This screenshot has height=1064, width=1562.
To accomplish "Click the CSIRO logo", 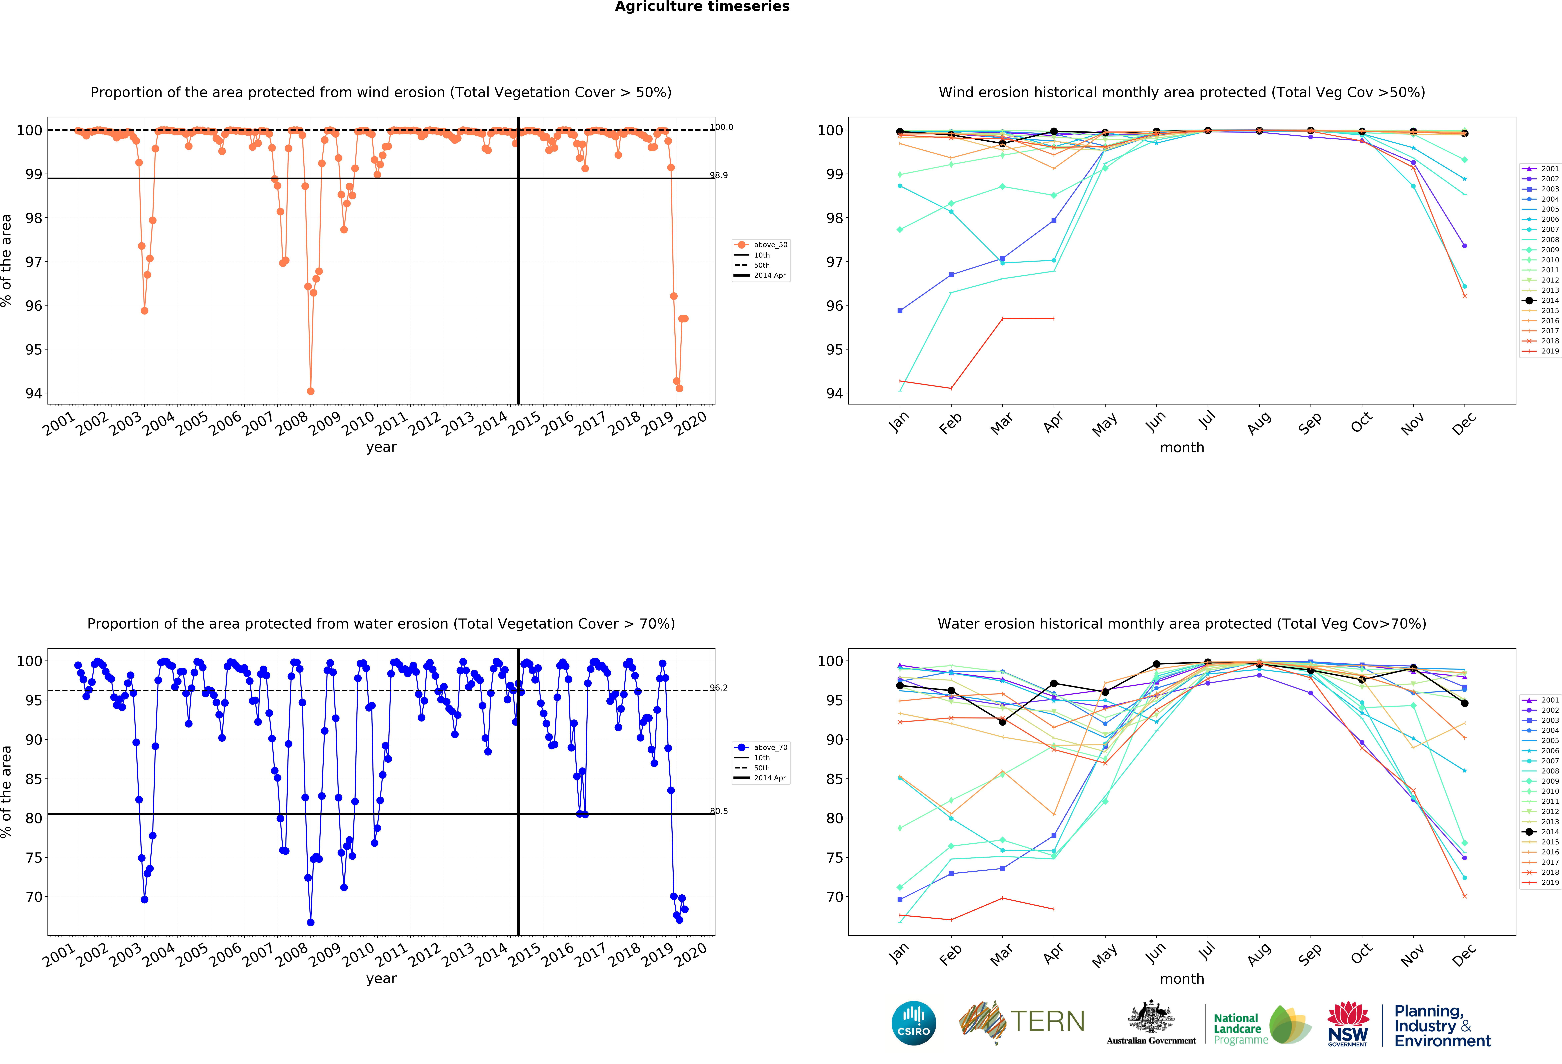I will point(913,1023).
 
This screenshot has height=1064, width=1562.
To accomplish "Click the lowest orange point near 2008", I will point(310,391).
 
